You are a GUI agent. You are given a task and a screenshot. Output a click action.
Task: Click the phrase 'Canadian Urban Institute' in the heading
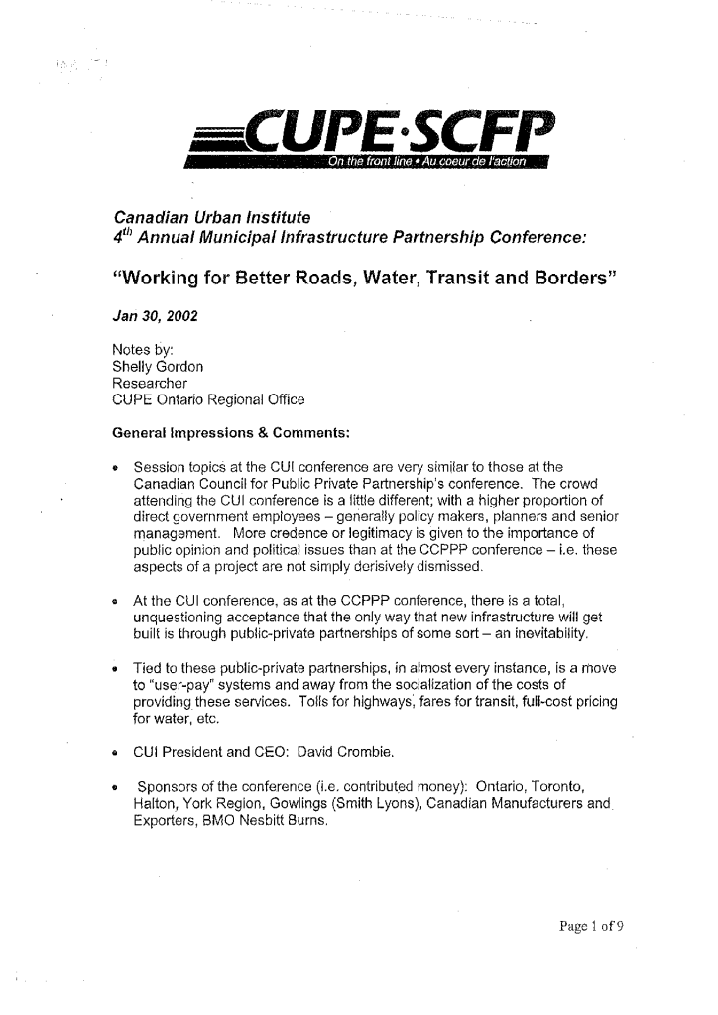pos(213,216)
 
